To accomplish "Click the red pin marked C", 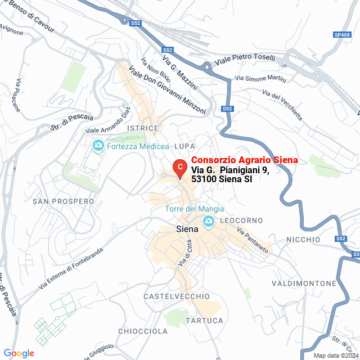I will pyautogui.click(x=179, y=167).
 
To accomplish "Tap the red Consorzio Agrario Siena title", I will pyautogui.click(x=244, y=160).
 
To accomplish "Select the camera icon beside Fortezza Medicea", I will pyautogui.click(x=98, y=146).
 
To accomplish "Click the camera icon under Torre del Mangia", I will pyautogui.click(x=209, y=222).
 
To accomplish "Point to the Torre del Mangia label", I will pyautogui.click(x=195, y=209).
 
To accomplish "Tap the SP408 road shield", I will pyautogui.click(x=342, y=35).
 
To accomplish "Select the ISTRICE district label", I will pyautogui.click(x=143, y=129).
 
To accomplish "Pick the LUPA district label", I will pyautogui.click(x=184, y=146).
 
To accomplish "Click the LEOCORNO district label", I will pyautogui.click(x=241, y=220).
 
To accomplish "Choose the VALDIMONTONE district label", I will pyautogui.click(x=304, y=283).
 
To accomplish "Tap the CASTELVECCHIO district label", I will pyautogui.click(x=177, y=296).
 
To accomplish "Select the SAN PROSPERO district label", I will pyautogui.click(x=63, y=201).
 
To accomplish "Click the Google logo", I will pyautogui.click(x=19, y=353).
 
